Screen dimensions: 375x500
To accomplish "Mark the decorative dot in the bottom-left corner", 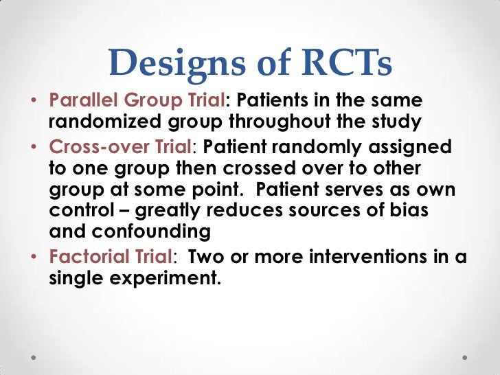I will (x=32, y=358).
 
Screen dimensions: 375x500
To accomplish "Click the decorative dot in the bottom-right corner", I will (x=468, y=358).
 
